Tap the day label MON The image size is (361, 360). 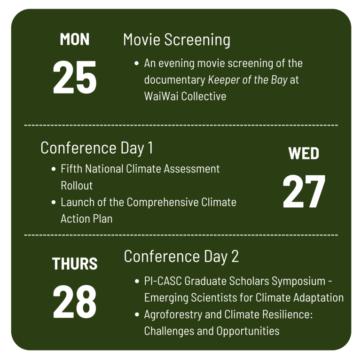(x=75, y=40)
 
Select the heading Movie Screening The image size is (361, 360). (x=177, y=40)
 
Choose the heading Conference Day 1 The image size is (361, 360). (x=97, y=148)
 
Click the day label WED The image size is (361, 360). (x=304, y=154)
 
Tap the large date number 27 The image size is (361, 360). (x=304, y=192)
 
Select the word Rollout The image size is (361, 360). (x=77, y=186)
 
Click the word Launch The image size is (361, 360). (x=77, y=203)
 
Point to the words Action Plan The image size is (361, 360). (x=86, y=219)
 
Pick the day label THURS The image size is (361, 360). (x=75, y=264)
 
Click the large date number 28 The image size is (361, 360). (x=75, y=302)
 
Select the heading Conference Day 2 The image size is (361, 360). (x=181, y=257)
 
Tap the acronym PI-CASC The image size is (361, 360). (x=163, y=281)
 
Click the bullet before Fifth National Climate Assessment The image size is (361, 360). (x=53, y=169)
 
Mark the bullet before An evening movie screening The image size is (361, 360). (x=136, y=63)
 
